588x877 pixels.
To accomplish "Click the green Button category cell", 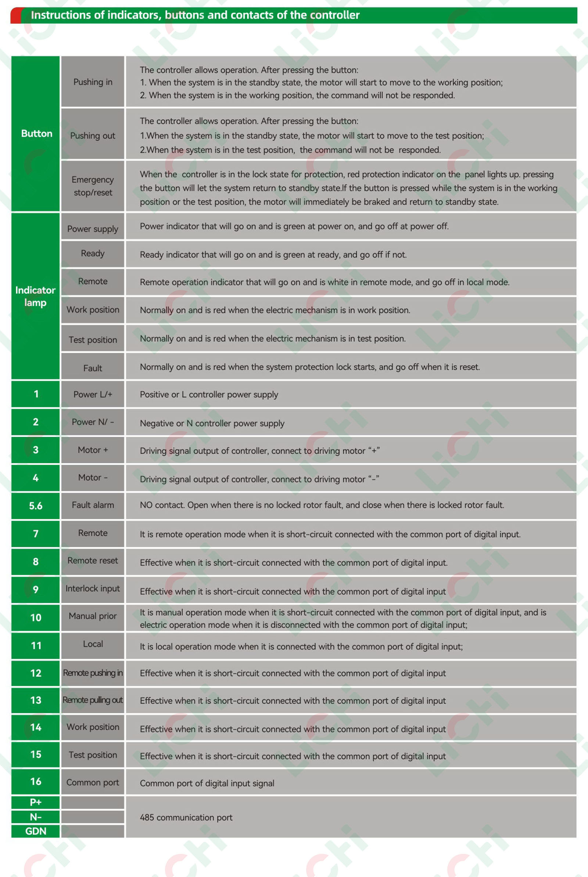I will point(36,133).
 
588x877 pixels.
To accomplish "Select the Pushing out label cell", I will point(93,135).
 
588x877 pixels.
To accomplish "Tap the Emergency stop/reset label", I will point(93,186).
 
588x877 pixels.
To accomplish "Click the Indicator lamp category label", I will point(35,296).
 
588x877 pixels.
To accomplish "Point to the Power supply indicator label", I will point(93,229).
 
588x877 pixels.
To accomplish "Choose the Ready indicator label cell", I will point(93,253).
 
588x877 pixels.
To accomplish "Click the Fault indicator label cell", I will point(93,368).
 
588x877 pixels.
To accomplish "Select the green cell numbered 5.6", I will point(36,506).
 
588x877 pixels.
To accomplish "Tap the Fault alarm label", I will point(93,505).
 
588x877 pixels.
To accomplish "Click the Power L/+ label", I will point(93,394).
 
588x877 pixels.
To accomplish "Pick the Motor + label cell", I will point(93,450).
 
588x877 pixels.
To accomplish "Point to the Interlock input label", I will point(93,588).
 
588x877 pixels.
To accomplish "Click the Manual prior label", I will point(93,616).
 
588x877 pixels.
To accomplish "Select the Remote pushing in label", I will point(93,673).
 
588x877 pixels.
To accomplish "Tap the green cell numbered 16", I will point(36,782).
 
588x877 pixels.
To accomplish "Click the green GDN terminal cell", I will point(36,831).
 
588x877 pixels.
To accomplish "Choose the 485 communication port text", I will point(186,817).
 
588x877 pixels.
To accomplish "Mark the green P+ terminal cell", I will point(36,802).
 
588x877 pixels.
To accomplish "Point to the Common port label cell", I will point(93,782).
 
